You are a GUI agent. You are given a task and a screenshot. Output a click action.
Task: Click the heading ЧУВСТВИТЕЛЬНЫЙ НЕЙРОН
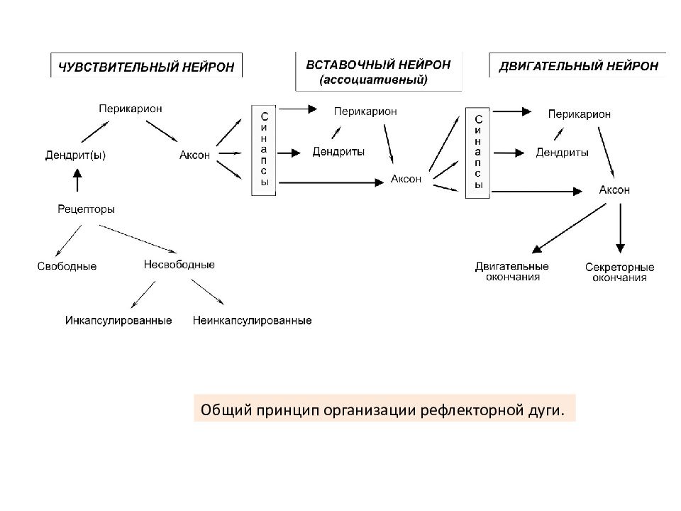146,67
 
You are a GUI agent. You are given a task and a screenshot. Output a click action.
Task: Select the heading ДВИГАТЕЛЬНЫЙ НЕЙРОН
579,66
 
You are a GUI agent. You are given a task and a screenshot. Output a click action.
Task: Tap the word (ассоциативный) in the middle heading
374,80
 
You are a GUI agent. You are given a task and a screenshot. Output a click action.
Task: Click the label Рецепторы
86,209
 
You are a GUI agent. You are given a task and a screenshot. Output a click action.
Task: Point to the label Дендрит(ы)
76,155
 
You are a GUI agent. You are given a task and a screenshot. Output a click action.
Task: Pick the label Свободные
67,266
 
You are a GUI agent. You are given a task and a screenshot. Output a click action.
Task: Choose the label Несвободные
179,264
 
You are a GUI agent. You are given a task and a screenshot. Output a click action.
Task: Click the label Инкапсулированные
118,321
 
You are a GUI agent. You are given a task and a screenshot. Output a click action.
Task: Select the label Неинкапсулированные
253,321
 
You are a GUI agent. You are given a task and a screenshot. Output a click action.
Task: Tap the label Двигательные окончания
512,272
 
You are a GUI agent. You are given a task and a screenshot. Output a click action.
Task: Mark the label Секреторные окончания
620,273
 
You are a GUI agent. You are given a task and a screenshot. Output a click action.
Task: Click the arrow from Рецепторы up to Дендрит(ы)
77,180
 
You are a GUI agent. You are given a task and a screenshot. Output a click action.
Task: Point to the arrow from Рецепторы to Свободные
68,241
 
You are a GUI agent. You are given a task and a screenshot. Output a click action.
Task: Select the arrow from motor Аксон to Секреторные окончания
620,228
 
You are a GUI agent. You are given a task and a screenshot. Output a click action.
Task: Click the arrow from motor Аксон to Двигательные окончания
569,228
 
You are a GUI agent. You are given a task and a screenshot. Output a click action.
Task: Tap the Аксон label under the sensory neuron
194,155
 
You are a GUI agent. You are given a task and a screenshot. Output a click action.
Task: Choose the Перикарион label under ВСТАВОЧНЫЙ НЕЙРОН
365,111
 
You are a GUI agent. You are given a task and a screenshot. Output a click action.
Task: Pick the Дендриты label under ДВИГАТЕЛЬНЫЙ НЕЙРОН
562,153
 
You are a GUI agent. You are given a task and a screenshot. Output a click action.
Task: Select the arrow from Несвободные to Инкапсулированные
143,295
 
